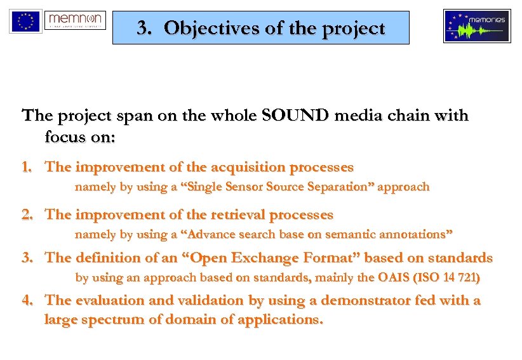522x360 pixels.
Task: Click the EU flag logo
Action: [25, 21]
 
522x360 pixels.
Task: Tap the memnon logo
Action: [75, 22]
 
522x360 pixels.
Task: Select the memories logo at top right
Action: [476, 26]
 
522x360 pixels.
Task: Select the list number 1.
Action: [26, 168]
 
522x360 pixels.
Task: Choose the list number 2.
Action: [26, 215]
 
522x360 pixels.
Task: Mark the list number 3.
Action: [26, 258]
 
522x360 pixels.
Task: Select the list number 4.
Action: [26, 300]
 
